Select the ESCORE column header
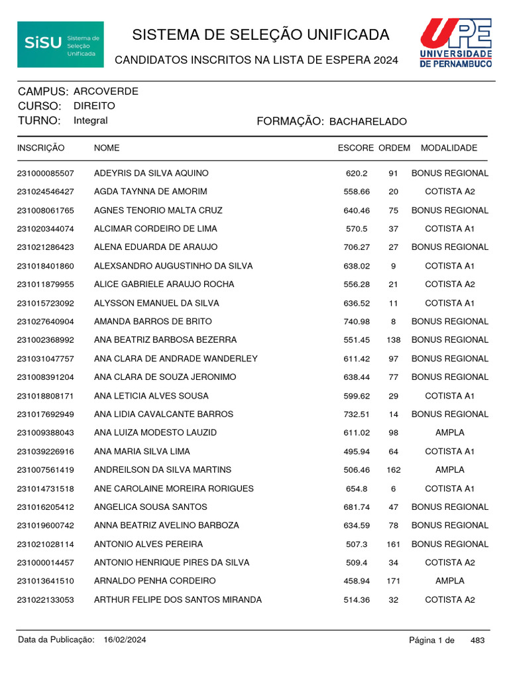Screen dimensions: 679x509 (356, 148)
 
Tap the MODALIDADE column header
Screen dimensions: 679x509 (449, 148)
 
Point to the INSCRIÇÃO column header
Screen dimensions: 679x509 (41, 148)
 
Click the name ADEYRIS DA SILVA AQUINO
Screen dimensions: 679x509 (151, 173)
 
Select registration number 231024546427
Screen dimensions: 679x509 (46, 192)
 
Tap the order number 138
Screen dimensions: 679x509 (394, 340)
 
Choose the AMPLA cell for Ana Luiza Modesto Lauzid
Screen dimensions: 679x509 (450, 433)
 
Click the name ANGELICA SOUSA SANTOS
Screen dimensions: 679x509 (150, 507)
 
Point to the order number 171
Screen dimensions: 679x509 (394, 582)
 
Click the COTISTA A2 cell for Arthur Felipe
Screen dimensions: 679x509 (450, 600)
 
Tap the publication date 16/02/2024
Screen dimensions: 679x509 (125, 641)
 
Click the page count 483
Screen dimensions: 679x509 (477, 641)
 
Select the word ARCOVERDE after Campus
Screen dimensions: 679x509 (106, 92)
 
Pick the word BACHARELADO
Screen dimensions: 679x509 (368, 122)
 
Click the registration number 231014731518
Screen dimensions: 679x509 (46, 489)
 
